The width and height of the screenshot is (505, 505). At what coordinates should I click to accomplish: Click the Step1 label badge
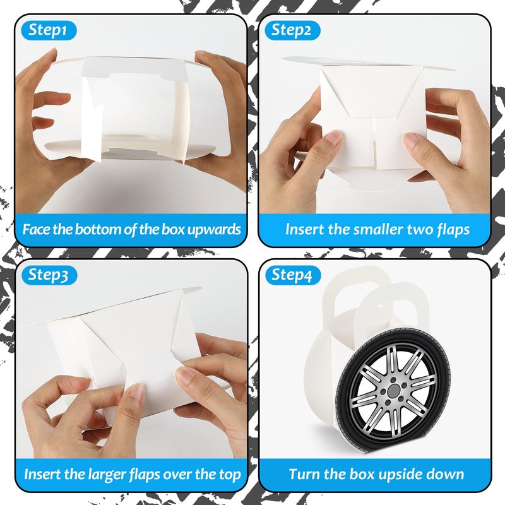[49, 30]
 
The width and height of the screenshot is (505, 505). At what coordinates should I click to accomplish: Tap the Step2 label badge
[292, 30]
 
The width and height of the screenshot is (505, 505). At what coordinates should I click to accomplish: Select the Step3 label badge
[49, 275]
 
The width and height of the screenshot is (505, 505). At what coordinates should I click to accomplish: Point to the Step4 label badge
[293, 275]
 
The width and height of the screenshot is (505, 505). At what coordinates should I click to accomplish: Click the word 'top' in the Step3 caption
[230, 475]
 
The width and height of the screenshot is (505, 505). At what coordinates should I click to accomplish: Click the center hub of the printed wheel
[393, 391]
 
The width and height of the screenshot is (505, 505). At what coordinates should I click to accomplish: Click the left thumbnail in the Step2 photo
[333, 138]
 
